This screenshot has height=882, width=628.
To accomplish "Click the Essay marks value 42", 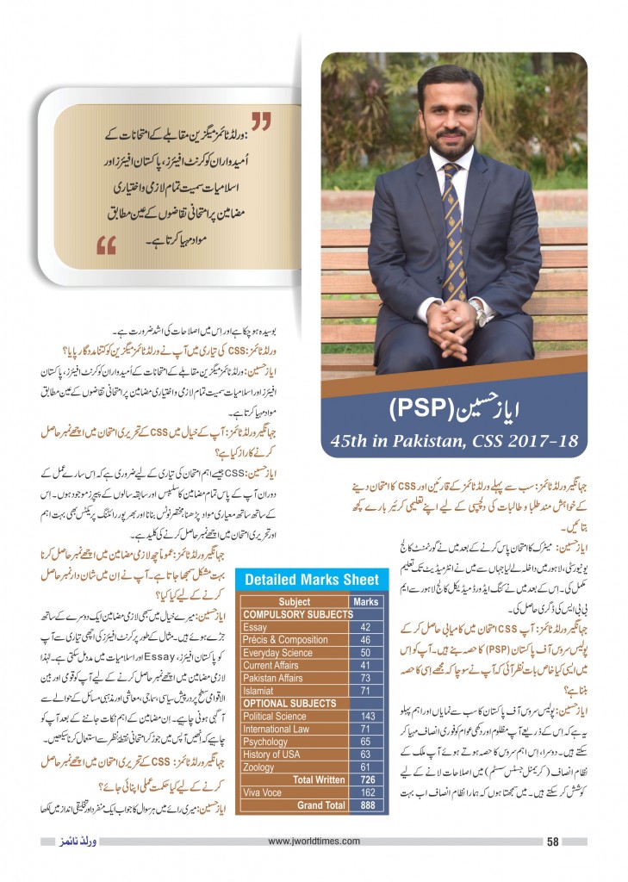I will point(365,627).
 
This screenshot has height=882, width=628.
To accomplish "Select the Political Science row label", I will point(274,716).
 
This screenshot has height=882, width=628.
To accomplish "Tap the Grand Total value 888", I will point(365,804).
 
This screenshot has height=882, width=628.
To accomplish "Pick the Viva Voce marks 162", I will point(365,792).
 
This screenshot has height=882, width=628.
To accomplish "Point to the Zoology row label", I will point(260,766).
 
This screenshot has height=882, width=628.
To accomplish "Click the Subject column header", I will point(294,602).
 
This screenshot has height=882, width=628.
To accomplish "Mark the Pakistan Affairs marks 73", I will point(365,678).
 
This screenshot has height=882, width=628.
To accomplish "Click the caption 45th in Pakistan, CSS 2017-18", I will point(454,443).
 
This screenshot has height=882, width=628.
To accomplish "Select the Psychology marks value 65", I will point(365,741).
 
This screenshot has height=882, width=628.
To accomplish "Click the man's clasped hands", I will point(448,319).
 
